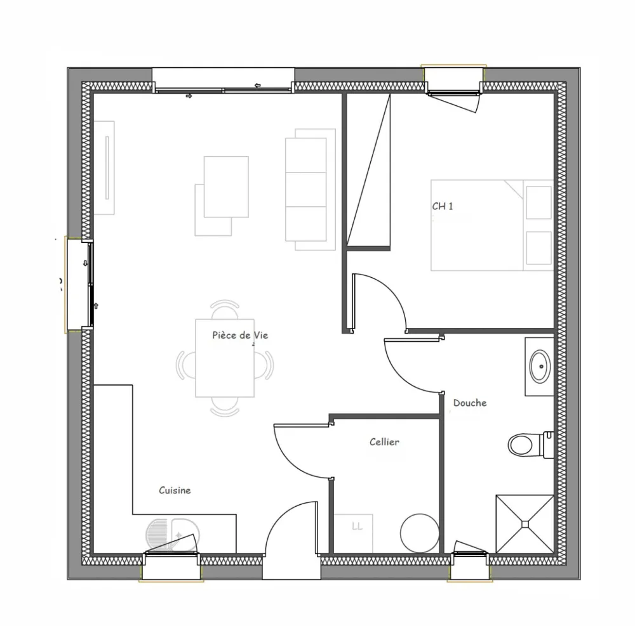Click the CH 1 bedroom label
coord(443,206)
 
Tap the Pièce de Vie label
coord(240,336)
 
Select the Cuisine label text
coord(175,490)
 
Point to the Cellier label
coord(385,442)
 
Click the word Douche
coord(470,403)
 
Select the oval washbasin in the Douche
coord(540,366)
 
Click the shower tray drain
coord(525,523)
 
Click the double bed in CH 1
coord(489,225)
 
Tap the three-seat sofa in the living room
coord(309,189)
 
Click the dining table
coord(225,358)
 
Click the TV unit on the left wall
coord(104,167)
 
